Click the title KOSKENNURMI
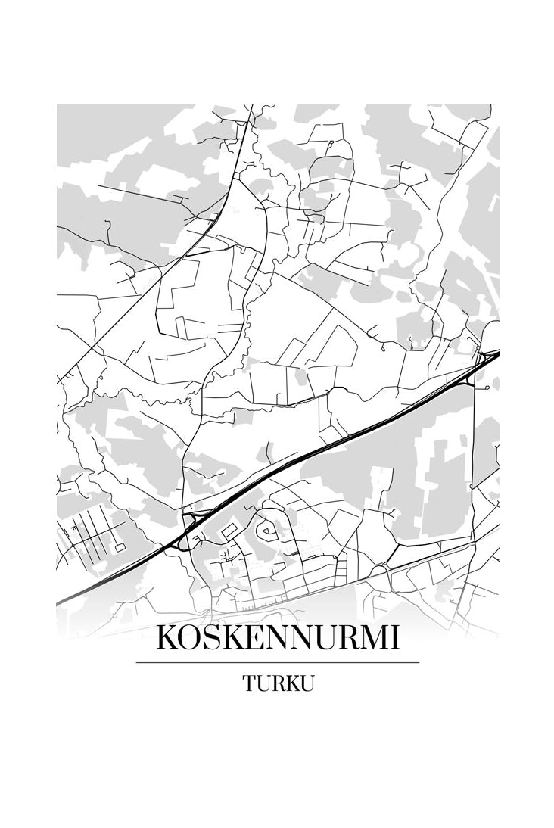(277, 638)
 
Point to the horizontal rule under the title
(277, 662)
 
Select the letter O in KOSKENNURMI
(190, 638)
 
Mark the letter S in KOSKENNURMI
(211, 638)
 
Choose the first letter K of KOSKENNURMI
(167, 638)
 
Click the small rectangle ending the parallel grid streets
(119, 546)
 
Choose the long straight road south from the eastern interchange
(475, 454)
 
